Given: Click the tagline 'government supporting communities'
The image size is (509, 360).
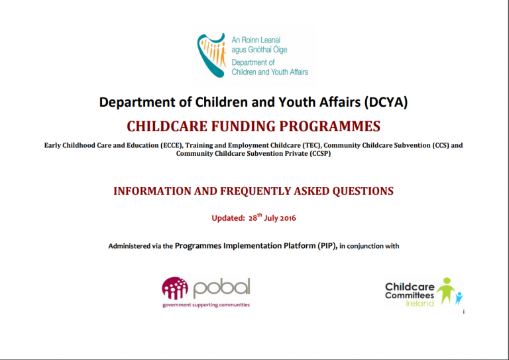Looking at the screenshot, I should [x=205, y=305].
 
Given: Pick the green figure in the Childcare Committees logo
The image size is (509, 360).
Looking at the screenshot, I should [x=447, y=290].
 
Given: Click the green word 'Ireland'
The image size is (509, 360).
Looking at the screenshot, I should [x=420, y=303].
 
